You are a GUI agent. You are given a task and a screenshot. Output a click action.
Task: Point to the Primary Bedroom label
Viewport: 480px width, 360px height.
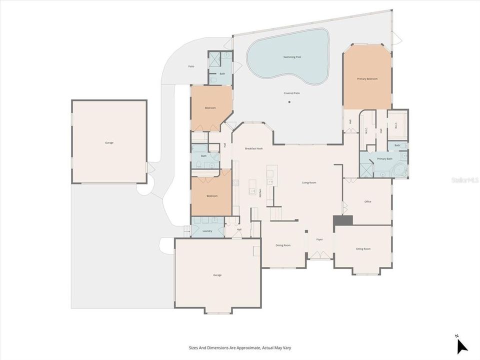pos(367,79)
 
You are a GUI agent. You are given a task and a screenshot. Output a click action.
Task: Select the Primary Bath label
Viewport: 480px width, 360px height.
pos(384,159)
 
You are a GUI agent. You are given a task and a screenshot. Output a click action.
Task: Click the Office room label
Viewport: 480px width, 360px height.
pos(367,201)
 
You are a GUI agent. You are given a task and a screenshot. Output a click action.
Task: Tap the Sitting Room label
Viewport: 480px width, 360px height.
pos(363,248)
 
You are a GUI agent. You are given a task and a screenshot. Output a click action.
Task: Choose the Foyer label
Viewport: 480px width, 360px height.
pos(319,239)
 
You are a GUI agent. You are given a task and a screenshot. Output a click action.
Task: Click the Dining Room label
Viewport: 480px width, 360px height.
pos(283,245)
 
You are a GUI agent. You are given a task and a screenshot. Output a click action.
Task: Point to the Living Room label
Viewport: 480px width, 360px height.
pos(309,182)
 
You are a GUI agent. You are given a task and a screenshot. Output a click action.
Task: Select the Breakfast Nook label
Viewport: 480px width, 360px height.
pos(253,148)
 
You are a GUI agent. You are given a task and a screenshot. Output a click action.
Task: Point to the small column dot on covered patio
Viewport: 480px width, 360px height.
pos(289,102)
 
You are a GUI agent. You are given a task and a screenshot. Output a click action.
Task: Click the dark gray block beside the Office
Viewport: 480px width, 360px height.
pos(343,220)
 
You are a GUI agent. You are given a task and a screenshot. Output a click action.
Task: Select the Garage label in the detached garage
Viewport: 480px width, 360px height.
pos(109,142)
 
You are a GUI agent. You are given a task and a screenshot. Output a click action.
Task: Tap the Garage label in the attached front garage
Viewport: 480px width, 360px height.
pos(217,275)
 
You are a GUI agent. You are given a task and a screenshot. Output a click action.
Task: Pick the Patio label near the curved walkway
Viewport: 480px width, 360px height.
pos(191,66)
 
